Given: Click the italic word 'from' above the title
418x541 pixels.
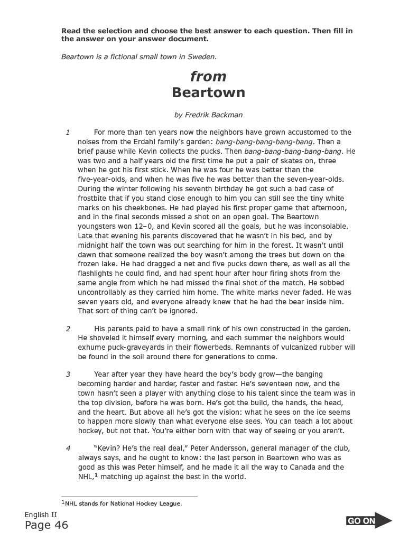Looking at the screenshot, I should [x=208, y=77].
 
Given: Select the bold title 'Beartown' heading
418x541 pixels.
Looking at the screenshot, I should [x=208, y=93].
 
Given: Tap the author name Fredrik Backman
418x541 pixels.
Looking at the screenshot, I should [x=209, y=115].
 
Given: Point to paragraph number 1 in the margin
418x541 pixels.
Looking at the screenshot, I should [x=68, y=132].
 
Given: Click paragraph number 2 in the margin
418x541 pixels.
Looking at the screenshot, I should [x=68, y=329].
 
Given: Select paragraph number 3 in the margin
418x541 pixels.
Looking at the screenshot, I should [x=68, y=374].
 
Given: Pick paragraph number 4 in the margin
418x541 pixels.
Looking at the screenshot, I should [x=68, y=449].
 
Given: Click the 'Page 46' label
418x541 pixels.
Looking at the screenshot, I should [x=46, y=525].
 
